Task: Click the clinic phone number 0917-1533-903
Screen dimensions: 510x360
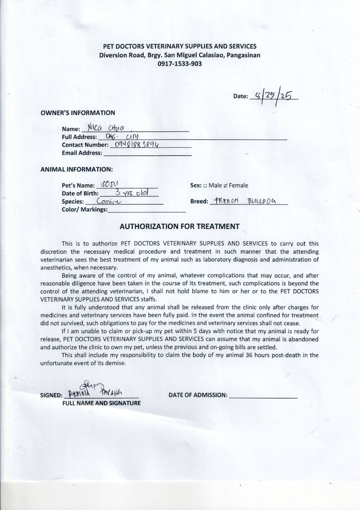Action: (x=180, y=63)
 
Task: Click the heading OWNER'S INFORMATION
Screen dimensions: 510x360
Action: (x=78, y=113)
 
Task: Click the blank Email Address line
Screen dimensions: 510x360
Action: (x=147, y=153)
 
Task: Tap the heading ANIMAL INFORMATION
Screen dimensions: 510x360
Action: (x=77, y=169)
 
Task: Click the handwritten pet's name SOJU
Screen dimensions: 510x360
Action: (x=110, y=184)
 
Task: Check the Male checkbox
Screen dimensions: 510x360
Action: (x=205, y=186)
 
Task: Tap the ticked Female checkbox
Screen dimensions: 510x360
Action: (x=225, y=186)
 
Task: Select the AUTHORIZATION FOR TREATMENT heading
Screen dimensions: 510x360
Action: (x=180, y=226)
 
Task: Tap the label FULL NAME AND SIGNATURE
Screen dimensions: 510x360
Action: (x=102, y=403)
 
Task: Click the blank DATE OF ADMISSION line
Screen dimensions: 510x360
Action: (x=263, y=396)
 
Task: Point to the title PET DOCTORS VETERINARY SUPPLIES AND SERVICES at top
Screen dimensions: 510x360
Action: (x=180, y=46)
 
